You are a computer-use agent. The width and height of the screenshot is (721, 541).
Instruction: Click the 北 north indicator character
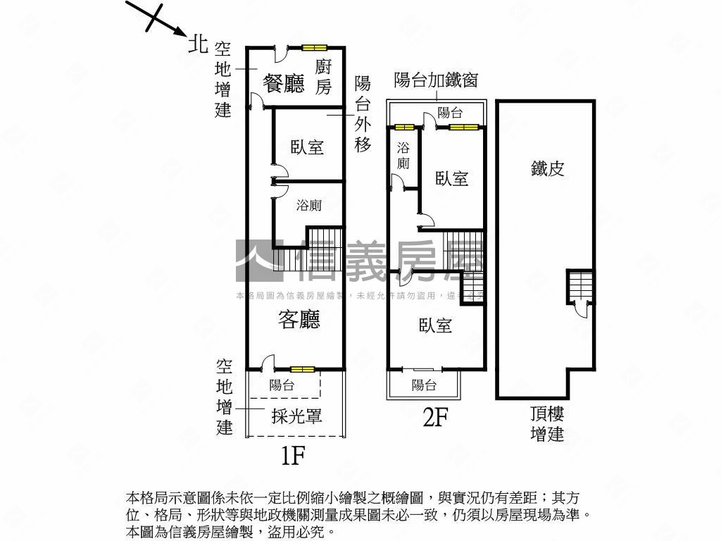coord(198,44)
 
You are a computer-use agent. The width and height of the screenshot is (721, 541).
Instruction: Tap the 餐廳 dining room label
coord(283,84)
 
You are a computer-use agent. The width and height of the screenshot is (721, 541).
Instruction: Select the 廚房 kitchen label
coord(323,77)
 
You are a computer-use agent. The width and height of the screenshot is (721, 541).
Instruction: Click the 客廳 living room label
coord(299,320)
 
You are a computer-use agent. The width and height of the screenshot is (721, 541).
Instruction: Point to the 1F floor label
coord(292,456)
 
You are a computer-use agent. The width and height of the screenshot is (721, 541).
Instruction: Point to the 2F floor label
coord(435,418)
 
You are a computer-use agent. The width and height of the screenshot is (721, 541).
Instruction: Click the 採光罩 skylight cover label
coord(296,416)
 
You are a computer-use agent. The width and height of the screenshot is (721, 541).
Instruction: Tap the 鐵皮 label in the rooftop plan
coord(548,168)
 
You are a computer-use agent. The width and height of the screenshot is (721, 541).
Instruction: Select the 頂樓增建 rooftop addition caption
coord(547,423)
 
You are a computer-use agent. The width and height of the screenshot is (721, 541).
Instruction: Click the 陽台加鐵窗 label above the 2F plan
coord(436,80)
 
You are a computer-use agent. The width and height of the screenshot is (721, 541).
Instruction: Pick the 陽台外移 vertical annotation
coord(363,114)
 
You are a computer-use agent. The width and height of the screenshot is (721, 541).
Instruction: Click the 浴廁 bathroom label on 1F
coord(308,206)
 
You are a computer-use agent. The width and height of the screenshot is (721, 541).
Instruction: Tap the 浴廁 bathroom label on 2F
coord(403,156)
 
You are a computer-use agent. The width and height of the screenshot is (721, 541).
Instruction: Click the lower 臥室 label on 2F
coord(435,325)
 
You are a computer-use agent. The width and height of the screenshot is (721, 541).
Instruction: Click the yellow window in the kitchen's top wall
coord(315,48)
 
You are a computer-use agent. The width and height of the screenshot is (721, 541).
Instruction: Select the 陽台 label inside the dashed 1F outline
coord(282,385)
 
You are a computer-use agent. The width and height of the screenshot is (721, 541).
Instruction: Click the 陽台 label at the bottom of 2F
coord(424,385)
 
